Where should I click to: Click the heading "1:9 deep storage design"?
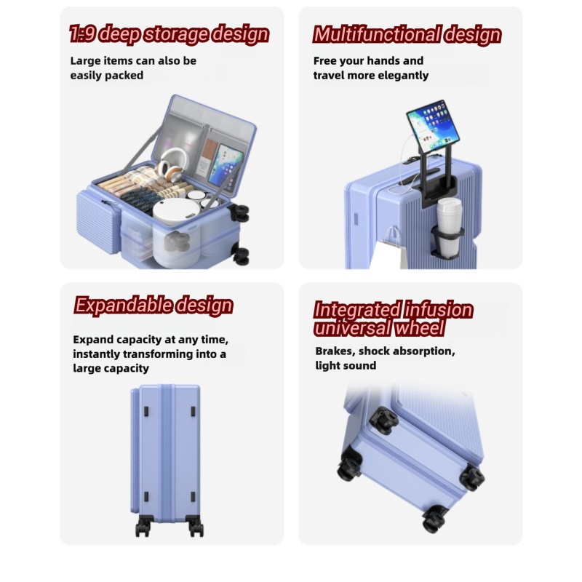(170, 34)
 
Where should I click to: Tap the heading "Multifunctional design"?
(407, 34)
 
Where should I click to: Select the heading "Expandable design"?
(154, 306)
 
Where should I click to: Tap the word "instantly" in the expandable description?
(97, 354)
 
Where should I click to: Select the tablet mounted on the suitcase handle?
(433, 124)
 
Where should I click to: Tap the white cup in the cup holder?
(449, 226)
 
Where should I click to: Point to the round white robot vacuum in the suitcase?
(176, 211)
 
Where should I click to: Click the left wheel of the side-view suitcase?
(143, 526)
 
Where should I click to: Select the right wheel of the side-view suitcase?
(195, 526)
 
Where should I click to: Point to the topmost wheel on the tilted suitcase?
(384, 421)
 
